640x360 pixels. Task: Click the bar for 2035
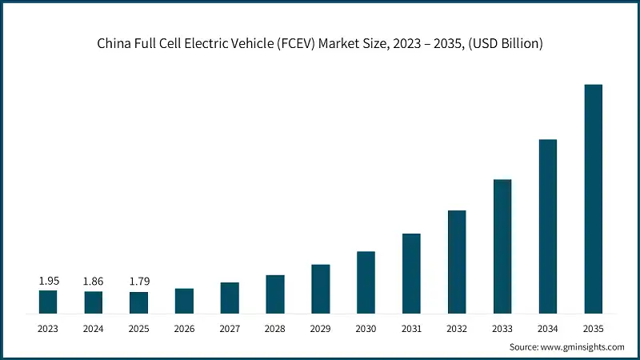point(593,198)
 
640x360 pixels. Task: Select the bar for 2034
point(547,226)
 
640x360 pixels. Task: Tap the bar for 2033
point(502,246)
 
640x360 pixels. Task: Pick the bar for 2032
point(457,262)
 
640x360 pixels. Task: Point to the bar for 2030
point(366,282)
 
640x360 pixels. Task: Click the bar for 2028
point(275,294)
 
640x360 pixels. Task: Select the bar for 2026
point(184,301)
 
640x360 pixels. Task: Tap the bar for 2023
point(48,302)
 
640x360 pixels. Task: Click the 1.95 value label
point(48,282)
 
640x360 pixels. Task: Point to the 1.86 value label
point(94,282)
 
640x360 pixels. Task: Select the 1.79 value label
point(139,282)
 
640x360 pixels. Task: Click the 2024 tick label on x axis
point(94,328)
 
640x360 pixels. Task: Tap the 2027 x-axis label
point(230,328)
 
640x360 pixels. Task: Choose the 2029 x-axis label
point(320,328)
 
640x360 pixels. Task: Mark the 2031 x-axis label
point(411,328)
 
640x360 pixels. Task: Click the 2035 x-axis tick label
point(593,328)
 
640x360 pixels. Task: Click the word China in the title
point(113,43)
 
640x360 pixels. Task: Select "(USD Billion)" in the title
point(507,43)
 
